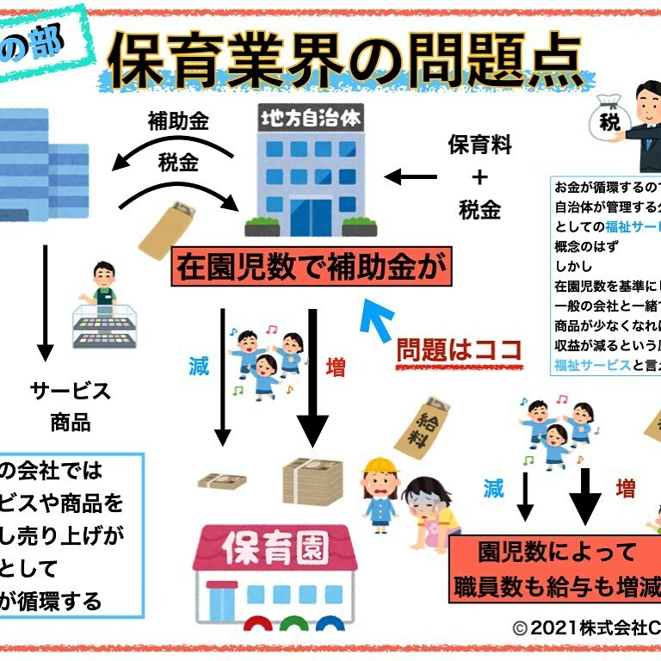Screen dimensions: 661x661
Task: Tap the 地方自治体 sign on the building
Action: click(x=311, y=117)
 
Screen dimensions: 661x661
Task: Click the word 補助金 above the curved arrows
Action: click(x=178, y=120)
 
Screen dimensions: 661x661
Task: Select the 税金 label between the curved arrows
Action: click(x=178, y=163)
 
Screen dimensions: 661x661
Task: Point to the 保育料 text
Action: click(x=479, y=145)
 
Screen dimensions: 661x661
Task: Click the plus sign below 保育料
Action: click(x=479, y=176)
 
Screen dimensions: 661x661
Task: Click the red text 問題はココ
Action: click(x=459, y=349)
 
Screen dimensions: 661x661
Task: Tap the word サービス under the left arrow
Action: click(x=71, y=391)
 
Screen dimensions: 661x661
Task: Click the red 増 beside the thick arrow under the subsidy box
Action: click(x=336, y=368)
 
